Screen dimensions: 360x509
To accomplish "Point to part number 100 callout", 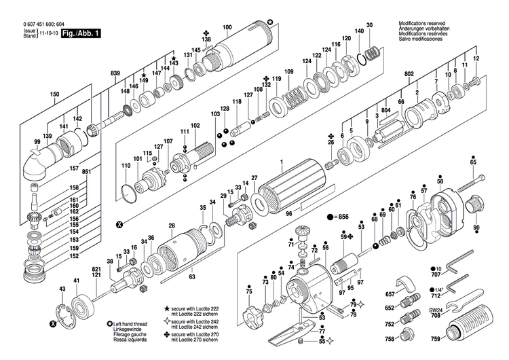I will click(x=227, y=27).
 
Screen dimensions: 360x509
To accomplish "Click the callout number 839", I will click(x=115, y=73).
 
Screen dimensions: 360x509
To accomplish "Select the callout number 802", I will click(x=409, y=73).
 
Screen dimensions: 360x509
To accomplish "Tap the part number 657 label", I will click(x=390, y=293).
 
